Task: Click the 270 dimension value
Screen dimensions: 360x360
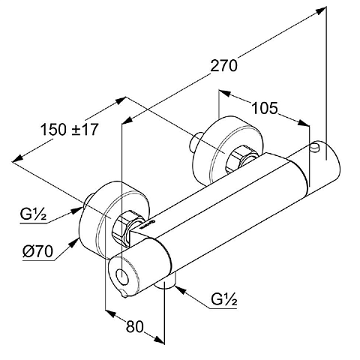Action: tap(223, 66)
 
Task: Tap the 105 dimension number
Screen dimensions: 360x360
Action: tap(265, 109)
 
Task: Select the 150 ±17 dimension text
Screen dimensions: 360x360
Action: tap(69, 130)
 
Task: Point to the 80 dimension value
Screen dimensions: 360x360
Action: tap(135, 326)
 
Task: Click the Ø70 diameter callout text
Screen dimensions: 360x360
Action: tap(37, 251)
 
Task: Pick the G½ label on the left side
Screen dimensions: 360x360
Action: tap(33, 214)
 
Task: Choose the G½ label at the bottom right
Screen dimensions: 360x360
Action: tap(223, 299)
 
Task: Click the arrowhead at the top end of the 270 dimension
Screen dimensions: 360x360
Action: tap(321, 11)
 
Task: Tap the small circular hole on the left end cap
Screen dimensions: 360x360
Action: tap(123, 277)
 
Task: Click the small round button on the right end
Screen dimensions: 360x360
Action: tap(315, 147)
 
